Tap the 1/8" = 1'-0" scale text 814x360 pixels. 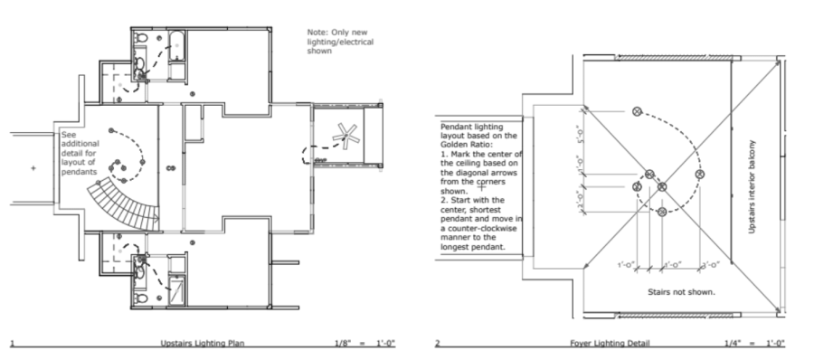pos(366,344)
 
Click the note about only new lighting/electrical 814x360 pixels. pos(340,41)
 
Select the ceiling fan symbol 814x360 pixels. pos(344,137)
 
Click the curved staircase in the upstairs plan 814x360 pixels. pos(122,201)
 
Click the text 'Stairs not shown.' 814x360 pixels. pos(681,292)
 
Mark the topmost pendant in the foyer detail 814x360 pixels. pos(636,110)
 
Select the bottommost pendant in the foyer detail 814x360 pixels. pos(662,212)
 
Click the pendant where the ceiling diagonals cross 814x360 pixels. pos(662,187)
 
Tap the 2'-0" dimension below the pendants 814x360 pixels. pos(709,264)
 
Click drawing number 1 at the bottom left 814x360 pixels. pos(12,344)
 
